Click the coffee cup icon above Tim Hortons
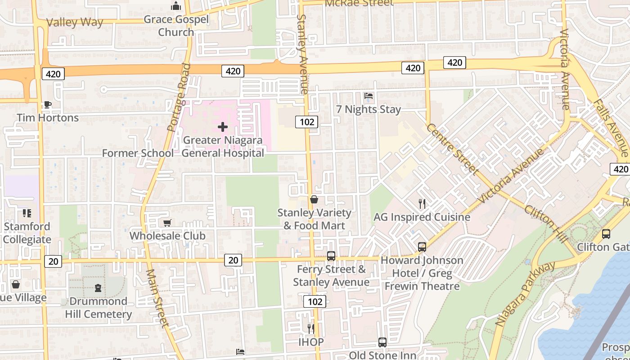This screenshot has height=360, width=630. [47, 105]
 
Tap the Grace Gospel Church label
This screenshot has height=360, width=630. [176, 26]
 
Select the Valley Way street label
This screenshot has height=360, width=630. [75, 22]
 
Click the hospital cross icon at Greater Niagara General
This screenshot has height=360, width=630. [222, 127]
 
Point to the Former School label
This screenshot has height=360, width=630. [138, 153]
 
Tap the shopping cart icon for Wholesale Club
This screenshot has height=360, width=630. [167, 223]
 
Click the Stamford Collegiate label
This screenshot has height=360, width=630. [27, 233]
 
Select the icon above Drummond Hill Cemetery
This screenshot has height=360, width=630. [98, 288]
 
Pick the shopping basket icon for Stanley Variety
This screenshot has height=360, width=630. [314, 199]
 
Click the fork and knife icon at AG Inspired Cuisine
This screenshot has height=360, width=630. [422, 204]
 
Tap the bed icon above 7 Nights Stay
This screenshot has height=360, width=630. [368, 96]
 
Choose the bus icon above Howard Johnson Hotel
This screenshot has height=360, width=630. [422, 247]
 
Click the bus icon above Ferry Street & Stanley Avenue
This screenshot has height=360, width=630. [331, 256]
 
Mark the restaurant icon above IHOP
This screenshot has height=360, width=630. [310, 328]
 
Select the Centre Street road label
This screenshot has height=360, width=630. [451, 149]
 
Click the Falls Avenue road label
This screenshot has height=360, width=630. [610, 127]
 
